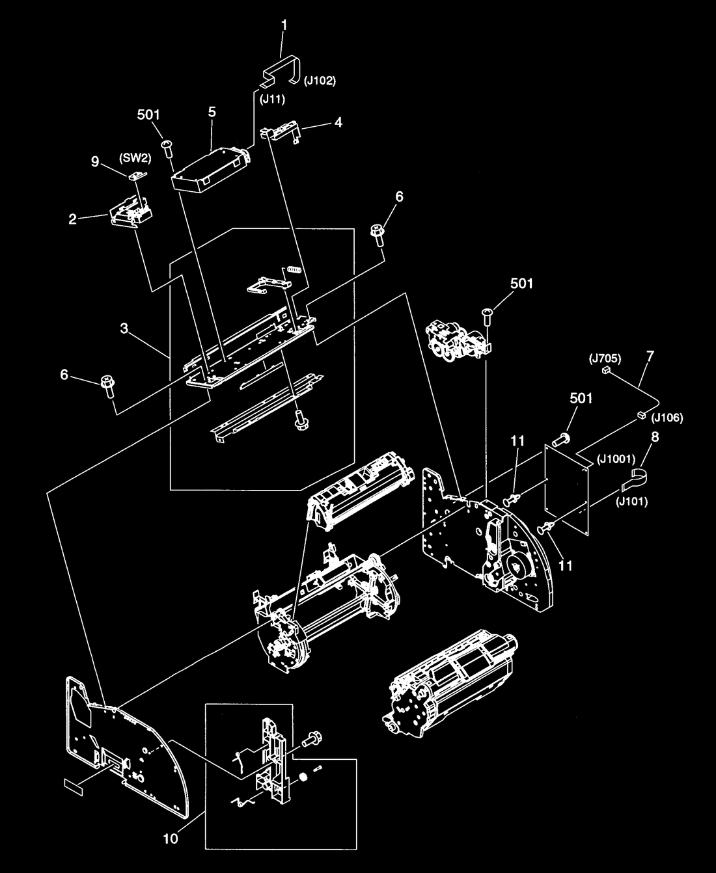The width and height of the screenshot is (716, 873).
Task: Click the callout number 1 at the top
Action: (x=284, y=25)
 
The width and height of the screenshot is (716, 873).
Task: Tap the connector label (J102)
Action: (x=320, y=81)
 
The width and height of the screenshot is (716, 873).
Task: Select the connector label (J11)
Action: (x=273, y=100)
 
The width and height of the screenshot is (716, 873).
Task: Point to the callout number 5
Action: (x=212, y=112)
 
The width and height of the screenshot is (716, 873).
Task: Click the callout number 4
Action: (x=338, y=122)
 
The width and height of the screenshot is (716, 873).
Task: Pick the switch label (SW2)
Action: (x=135, y=159)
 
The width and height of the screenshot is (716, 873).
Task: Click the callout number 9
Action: (x=95, y=161)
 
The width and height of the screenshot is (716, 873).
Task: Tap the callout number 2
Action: (x=72, y=219)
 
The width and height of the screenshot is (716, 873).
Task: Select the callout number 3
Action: (x=124, y=329)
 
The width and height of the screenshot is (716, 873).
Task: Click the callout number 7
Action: (x=650, y=356)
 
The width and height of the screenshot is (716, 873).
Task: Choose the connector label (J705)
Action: (x=605, y=358)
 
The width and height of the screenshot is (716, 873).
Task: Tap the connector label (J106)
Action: (x=667, y=418)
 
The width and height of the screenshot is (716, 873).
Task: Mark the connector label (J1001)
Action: (x=616, y=459)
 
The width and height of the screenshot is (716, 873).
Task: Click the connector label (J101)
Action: (x=631, y=502)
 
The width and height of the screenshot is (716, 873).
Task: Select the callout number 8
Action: (x=655, y=437)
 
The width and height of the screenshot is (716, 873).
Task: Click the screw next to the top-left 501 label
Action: (x=167, y=148)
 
